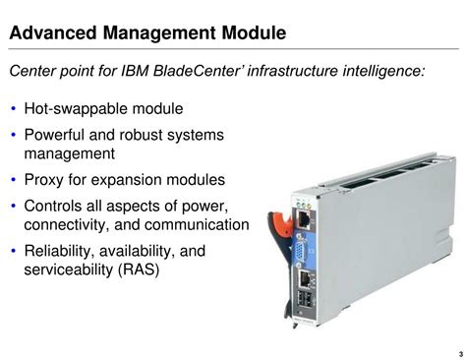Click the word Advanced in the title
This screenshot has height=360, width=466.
click(51, 34)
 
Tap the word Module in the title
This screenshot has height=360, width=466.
click(251, 34)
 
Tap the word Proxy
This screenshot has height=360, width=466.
click(46, 180)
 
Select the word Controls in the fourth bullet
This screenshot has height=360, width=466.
click(57, 206)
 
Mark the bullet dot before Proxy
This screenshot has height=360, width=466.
click(14, 181)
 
